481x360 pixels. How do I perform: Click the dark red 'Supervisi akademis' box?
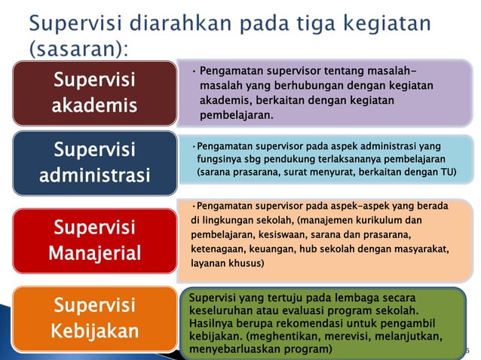coord(94,92)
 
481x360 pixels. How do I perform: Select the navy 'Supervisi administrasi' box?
coord(94,162)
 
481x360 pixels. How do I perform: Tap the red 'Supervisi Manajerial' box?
coord(94,239)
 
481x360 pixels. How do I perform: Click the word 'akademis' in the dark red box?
coord(94,105)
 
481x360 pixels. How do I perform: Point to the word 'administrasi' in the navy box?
coord(94,175)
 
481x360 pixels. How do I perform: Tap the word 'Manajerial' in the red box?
coord(94,252)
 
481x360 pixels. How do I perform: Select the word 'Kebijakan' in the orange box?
coord(94,331)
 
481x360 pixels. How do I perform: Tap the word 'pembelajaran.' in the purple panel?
coord(236,115)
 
